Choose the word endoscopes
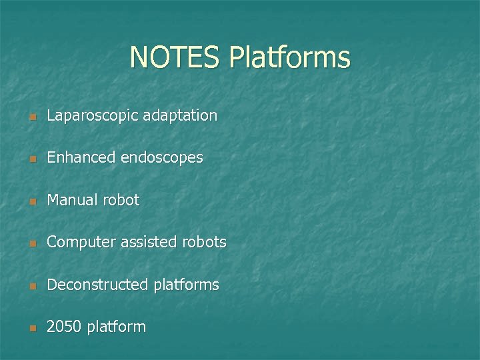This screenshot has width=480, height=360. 162,158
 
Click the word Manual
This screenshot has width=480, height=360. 73,200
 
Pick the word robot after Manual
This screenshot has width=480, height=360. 122,200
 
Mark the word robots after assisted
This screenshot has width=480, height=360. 204,243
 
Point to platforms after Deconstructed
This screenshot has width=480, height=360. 186,285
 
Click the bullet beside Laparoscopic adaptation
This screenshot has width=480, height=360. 31,117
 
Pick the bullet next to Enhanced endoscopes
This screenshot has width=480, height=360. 31,159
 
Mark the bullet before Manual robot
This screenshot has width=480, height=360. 31,201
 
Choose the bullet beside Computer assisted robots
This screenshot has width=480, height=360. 31,244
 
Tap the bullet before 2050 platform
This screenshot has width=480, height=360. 31,329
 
